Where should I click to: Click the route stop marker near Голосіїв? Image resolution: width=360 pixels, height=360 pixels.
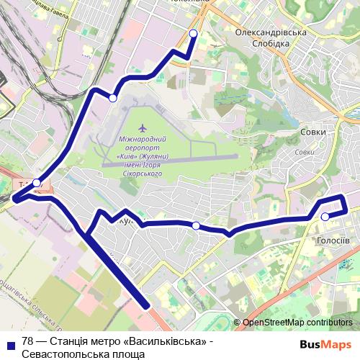(x=325, y=216)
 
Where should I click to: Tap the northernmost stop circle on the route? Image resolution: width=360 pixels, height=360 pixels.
(x=193, y=34)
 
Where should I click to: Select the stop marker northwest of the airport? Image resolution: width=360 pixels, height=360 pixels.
(x=113, y=98)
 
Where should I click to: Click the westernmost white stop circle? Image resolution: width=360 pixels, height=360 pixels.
(x=37, y=183)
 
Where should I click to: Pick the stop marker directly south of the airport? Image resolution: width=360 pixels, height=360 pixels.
(x=196, y=226)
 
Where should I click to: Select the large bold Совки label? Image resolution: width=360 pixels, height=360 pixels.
(x=312, y=132)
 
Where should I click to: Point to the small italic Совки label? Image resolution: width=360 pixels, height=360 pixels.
(x=305, y=152)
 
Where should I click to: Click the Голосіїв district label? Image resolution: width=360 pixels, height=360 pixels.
(x=333, y=240)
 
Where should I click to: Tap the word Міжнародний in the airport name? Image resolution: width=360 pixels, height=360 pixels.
(x=143, y=139)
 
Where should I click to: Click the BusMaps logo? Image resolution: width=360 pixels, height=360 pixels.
(x=325, y=344)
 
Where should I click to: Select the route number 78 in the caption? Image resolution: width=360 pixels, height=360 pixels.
(x=28, y=341)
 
